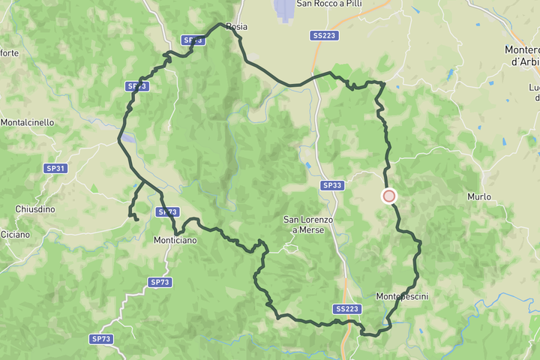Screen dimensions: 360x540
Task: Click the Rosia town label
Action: [x=236, y=27]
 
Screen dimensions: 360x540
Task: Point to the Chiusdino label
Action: [x=35, y=209]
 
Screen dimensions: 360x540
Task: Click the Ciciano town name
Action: [x=15, y=235]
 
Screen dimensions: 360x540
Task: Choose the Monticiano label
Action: [x=175, y=241]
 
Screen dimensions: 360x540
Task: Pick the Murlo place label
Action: [x=478, y=196]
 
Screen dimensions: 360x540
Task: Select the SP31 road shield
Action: [x=55, y=169]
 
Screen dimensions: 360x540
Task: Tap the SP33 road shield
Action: [x=331, y=185]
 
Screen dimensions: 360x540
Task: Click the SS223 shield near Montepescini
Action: [x=347, y=309]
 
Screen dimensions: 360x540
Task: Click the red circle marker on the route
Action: [x=389, y=196]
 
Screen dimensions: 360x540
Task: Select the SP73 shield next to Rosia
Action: [x=193, y=40]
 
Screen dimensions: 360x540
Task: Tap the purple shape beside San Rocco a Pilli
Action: [x=285, y=10]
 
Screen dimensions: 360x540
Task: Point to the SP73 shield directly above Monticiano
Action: [x=168, y=212]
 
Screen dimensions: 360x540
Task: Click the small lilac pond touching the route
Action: [x=127, y=139]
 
